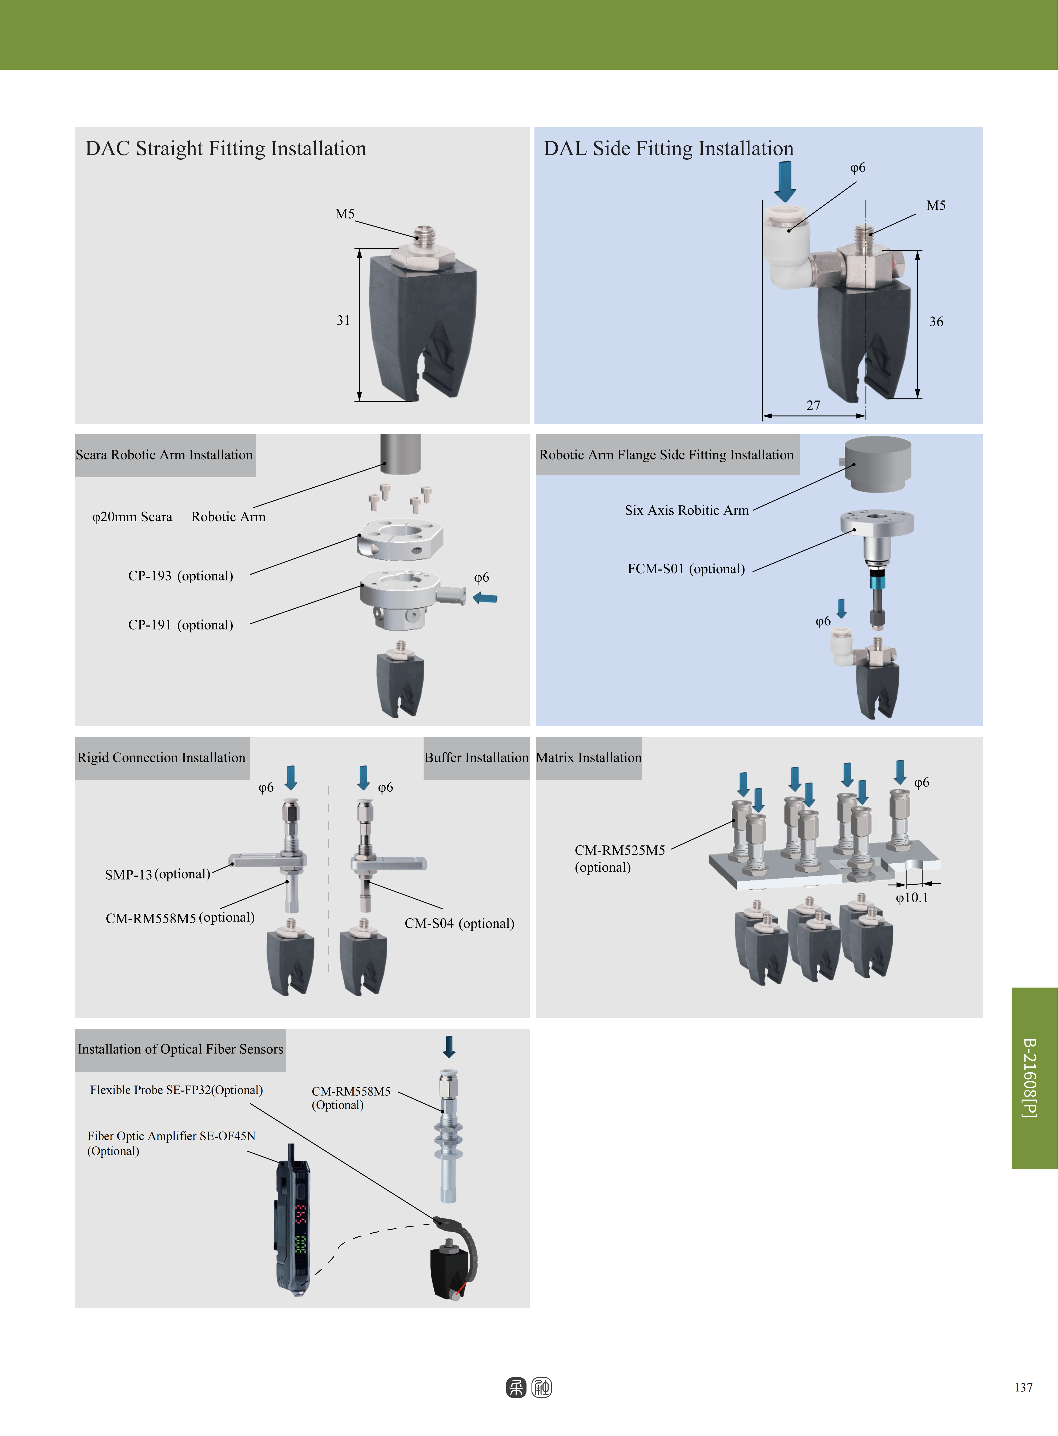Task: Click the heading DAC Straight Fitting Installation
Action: pos(226,149)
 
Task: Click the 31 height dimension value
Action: pos(343,320)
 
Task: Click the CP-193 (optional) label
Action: pos(181,576)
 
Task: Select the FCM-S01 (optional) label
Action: pos(686,569)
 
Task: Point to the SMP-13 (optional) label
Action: pos(158,874)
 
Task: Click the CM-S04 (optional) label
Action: pos(459,923)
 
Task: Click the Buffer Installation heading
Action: pos(476,758)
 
